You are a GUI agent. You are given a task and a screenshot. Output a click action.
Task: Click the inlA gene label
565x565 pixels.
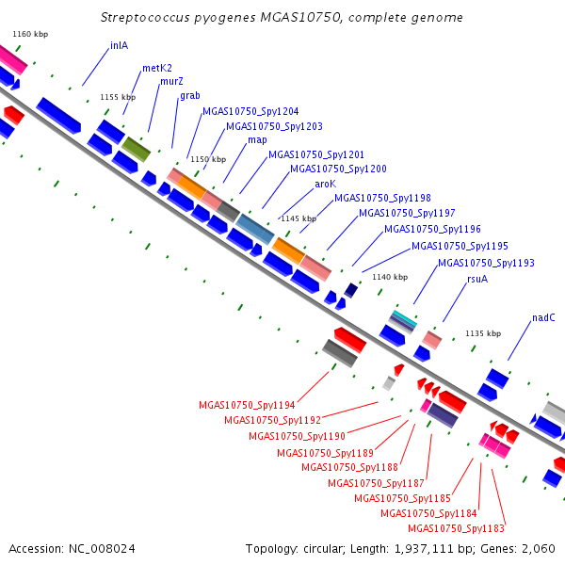119,46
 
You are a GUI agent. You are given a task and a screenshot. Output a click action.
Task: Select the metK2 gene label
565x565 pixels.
157,68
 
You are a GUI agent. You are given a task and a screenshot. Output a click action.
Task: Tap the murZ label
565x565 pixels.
171,81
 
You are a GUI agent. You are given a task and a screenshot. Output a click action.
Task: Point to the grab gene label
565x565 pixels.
190,95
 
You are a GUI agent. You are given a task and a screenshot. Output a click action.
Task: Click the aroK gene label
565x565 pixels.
326,185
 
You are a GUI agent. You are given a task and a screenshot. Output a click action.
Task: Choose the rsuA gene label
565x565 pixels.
477,280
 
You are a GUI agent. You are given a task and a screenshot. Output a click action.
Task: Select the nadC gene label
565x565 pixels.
543,318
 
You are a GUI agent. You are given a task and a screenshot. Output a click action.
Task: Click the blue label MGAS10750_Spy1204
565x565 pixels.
250,112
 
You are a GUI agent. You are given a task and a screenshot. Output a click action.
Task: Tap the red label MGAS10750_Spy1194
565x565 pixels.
247,405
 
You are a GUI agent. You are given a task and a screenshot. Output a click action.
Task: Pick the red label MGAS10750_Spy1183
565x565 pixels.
456,528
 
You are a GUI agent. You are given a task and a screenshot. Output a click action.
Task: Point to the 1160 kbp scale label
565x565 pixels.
30,34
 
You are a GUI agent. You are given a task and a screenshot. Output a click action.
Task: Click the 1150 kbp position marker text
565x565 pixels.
208,159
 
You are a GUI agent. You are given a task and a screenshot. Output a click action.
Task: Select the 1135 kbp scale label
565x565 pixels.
483,333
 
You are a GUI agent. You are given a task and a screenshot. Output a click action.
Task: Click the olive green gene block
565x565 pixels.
136,150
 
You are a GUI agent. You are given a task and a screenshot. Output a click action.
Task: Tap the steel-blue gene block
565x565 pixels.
255,229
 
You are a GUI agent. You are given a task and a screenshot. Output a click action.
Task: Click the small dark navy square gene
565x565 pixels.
351,290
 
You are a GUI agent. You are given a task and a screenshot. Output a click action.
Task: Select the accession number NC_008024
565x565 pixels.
102,549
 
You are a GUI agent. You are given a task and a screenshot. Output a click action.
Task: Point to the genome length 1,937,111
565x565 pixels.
424,549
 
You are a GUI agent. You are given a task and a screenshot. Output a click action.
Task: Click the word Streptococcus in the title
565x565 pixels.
145,18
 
